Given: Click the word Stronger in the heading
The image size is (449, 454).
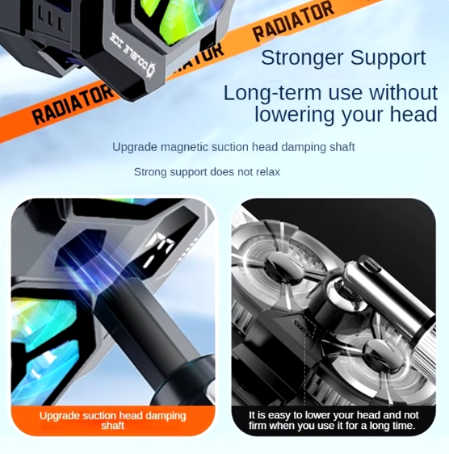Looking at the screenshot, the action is pos(303,58).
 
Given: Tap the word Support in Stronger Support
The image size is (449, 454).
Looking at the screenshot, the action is pos(388,58).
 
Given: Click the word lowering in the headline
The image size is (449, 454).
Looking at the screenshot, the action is pos(295,115).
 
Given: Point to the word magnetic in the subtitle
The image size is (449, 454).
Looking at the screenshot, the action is pos(184,147).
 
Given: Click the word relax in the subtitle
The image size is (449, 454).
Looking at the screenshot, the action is pos(269,172).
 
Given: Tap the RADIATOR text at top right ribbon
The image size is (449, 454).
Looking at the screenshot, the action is pos(293,20).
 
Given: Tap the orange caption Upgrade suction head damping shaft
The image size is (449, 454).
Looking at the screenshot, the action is pos(113,420).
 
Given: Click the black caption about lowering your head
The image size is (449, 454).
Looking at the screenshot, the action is pos(334,420).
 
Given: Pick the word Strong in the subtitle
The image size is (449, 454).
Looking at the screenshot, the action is pos(150,172).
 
